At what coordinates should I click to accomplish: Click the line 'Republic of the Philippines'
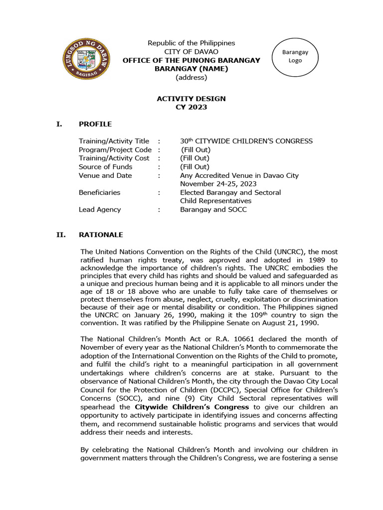click(191, 43)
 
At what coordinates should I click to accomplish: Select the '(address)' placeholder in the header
click(191, 77)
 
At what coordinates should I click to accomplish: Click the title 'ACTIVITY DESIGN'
click(191, 99)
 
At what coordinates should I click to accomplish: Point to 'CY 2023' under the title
click(191, 107)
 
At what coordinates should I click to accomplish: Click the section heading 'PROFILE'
click(95, 124)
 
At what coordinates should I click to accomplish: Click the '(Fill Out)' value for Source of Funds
click(195, 167)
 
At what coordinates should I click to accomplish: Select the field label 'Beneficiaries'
click(99, 192)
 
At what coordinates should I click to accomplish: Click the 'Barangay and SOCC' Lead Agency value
click(213, 209)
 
